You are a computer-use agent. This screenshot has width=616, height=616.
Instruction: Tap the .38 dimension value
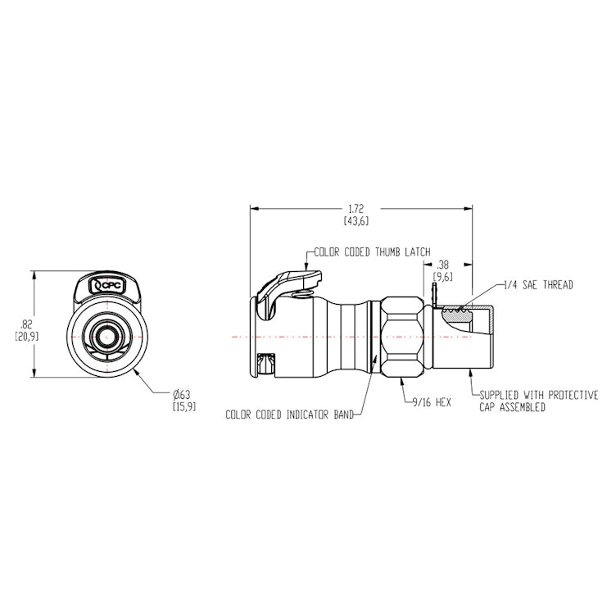coord(443,265)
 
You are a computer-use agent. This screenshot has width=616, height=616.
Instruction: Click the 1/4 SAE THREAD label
coord(540,284)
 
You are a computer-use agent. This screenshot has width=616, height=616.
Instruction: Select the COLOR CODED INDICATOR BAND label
coord(289,415)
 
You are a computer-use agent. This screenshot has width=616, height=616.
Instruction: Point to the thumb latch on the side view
coord(283,288)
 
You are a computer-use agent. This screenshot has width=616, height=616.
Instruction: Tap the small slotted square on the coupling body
coord(265,360)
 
